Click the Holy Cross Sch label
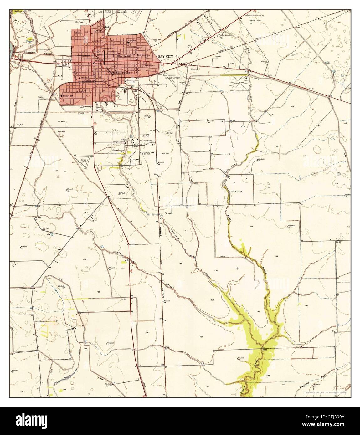click(x=144, y=55)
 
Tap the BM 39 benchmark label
click(x=270, y=75)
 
